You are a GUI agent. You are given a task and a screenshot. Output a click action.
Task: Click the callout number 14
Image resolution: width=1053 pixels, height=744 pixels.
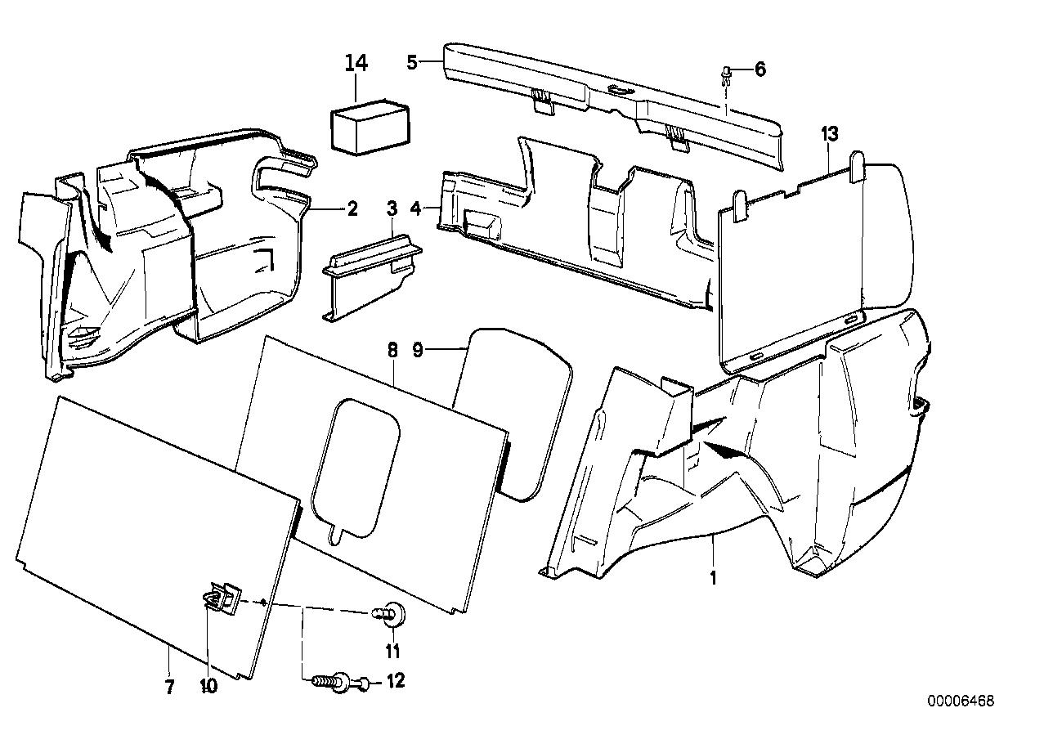pyautogui.click(x=356, y=62)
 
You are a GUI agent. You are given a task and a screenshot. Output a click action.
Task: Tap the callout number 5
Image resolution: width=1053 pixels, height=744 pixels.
pyautogui.click(x=412, y=61)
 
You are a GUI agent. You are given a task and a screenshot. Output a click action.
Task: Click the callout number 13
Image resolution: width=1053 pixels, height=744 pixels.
pyautogui.click(x=831, y=135)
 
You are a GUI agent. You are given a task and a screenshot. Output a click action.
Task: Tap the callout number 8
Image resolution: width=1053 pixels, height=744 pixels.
pyautogui.click(x=392, y=351)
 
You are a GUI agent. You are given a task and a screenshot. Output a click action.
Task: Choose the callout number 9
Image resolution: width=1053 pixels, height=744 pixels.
pyautogui.click(x=440, y=351)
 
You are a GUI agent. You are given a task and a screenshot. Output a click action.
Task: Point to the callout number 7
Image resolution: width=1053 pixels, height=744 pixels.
pyautogui.click(x=169, y=687)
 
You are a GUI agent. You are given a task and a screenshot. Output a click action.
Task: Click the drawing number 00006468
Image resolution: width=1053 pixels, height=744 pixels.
pyautogui.click(x=961, y=701)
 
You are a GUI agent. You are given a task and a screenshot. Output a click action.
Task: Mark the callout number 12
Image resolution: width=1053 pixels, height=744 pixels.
pyautogui.click(x=395, y=680)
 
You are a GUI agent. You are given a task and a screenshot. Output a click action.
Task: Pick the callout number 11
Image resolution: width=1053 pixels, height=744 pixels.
pyautogui.click(x=393, y=651)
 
